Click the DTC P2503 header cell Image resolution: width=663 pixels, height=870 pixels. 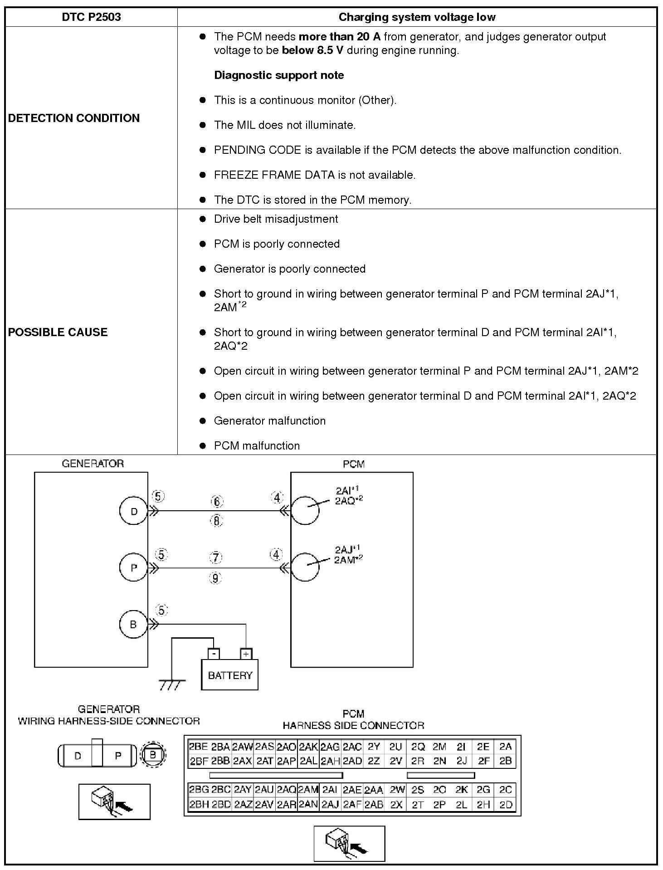coord(91,17)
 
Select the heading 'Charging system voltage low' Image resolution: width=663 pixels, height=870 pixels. coord(417,17)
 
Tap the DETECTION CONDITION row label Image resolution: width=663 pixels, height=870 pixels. coord(74,118)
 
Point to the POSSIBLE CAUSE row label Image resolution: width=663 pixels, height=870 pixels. coord(58,332)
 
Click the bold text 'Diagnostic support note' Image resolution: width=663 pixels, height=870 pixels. coord(279,75)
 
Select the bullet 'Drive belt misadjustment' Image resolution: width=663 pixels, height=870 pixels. coord(276,219)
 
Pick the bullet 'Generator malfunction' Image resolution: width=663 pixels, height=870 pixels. coord(269,421)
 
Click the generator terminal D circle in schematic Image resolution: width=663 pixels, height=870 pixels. coord(133,511)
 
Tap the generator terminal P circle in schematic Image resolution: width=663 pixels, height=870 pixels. coord(133,567)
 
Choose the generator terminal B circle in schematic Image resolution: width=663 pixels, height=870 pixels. coord(133,624)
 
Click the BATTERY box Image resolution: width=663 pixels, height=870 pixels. coord(229,675)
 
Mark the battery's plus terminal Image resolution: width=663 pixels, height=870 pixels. coord(246,654)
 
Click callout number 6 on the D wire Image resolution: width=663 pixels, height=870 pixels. coord(217,502)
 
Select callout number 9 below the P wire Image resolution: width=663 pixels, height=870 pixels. coord(215,578)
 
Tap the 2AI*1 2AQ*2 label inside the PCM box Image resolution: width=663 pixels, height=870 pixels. coord(348,495)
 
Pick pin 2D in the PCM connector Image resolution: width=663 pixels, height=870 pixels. coord(505,805)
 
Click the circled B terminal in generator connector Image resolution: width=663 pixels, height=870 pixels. coord(153,755)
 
